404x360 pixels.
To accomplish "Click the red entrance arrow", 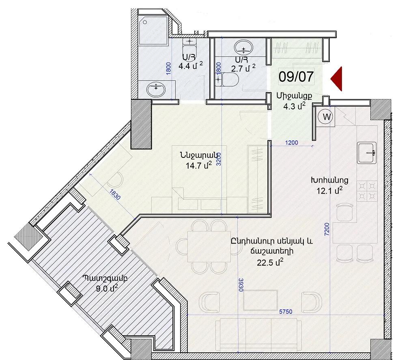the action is pos(337,79).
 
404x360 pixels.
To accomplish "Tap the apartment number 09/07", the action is pos(296,77).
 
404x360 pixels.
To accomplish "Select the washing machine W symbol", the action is pos(326,116).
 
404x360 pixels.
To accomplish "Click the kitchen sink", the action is pos(367,153).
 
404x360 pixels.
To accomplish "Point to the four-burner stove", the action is pos(367,191).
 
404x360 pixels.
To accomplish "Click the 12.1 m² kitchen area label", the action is pos(329,191).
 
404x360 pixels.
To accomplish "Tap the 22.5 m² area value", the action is pos(270,262).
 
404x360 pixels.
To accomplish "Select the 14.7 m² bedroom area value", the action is pos(199,165).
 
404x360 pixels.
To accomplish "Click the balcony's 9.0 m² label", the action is pos(107,288).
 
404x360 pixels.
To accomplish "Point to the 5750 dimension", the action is pos(286,312).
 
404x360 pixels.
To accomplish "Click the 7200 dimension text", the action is pos(327,229).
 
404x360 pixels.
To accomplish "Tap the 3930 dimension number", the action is pos(241,285).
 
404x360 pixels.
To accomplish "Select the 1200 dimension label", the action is pos(291,142).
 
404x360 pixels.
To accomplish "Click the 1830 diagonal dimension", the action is pos(115,194).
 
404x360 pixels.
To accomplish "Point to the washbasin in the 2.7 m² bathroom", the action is pos(243,47).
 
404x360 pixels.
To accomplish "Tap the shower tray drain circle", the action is pos(145,22).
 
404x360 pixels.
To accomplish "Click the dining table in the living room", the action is pos(209,246).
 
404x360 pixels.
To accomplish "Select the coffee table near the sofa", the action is pos(260,300).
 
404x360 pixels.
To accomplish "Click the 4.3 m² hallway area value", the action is pos(294,106).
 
